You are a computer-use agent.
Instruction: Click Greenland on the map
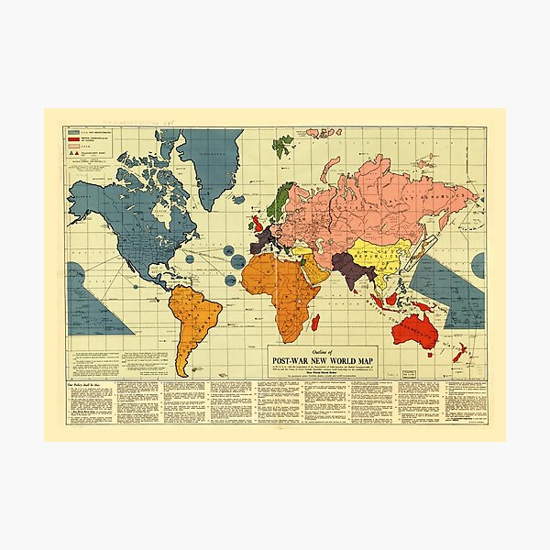pos(209,156)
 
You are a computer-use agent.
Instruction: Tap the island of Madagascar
pos(315,321)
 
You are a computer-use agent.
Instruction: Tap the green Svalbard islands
pos(284,141)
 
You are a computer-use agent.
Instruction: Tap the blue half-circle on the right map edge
pos(478,265)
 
